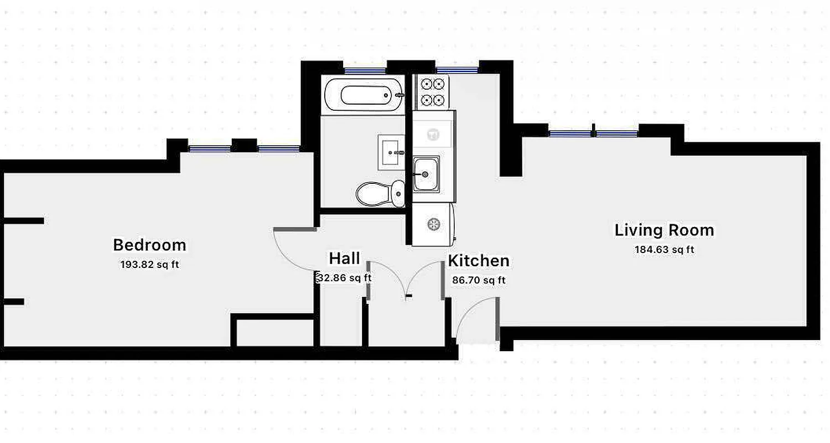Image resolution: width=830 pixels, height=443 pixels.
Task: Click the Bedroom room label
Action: click(149, 245)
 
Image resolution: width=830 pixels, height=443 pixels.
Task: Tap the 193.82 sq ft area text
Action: click(149, 264)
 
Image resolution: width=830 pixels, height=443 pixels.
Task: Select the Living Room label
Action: click(664, 230)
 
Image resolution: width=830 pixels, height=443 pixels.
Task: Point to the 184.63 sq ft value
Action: click(664, 250)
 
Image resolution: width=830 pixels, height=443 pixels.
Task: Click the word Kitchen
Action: click(479, 261)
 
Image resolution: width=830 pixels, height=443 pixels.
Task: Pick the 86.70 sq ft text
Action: click(479, 280)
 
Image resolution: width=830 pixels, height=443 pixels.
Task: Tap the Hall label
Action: click(344, 259)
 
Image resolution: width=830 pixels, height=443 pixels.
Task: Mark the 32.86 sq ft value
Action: click(344, 278)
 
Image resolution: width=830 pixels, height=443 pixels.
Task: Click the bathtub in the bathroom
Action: click(363, 95)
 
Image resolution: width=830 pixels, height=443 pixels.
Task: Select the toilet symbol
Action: click(379, 193)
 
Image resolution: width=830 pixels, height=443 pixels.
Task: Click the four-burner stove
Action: click(433, 92)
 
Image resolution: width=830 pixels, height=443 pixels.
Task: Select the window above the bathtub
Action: click(365, 70)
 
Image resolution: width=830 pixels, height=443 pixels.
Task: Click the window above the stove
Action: click(456, 70)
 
